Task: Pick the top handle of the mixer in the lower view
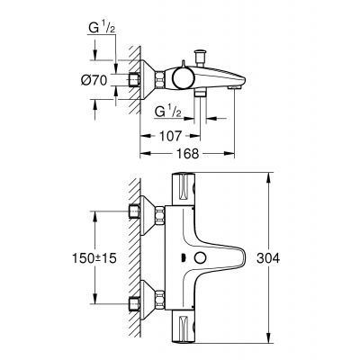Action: tap(186, 189)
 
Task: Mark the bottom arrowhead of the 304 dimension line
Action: tap(270, 341)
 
